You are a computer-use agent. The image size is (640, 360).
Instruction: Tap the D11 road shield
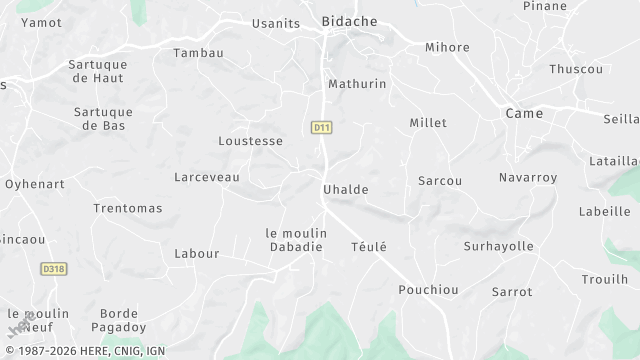pyautogui.click(x=321, y=127)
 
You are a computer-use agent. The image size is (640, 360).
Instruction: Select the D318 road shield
pyautogui.click(x=54, y=269)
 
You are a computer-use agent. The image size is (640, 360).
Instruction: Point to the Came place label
pyautogui.click(x=524, y=113)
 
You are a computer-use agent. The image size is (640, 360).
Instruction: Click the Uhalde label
pyautogui.click(x=346, y=189)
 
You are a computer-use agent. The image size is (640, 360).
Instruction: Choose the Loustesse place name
pyautogui.click(x=250, y=141)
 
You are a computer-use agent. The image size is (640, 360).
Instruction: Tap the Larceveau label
pyautogui.click(x=207, y=177)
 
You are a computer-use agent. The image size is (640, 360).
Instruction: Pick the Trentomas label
pyautogui.click(x=127, y=208)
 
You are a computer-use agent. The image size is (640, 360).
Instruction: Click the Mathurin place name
pyautogui.click(x=357, y=84)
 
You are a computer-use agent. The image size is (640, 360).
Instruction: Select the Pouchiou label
pyautogui.click(x=428, y=289)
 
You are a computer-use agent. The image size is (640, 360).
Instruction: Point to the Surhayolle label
pyautogui.click(x=499, y=246)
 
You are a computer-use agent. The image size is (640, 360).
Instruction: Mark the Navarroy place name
pyautogui.click(x=527, y=177)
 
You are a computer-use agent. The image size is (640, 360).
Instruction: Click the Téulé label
pyautogui.click(x=368, y=246)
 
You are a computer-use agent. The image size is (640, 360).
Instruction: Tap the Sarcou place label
pyautogui.click(x=440, y=181)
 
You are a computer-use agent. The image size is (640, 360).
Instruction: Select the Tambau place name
pyautogui.click(x=198, y=52)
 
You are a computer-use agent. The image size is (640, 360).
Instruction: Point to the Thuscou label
pyautogui.click(x=576, y=69)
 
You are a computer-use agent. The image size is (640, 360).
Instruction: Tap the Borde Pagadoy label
pyautogui.click(x=118, y=320)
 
